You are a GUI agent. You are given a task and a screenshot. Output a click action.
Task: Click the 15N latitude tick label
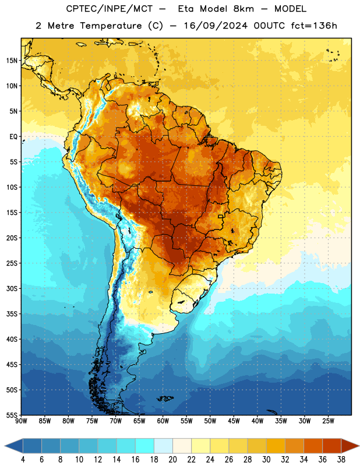pos(12,61)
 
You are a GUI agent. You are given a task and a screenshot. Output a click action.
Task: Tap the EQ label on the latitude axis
pos(13,137)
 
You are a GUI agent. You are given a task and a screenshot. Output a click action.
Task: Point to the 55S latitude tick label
pos(12,415)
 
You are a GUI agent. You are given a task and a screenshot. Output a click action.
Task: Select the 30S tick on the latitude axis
pos(12,288)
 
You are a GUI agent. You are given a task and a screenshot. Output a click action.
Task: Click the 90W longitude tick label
pos(21,421)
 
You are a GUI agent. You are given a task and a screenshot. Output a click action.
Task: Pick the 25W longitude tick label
pos(328,421)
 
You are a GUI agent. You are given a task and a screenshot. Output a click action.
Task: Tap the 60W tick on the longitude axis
pos(163,421)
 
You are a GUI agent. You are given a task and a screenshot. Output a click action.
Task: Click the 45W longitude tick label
pos(234,421)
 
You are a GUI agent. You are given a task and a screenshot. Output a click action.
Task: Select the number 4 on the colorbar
pos(23,460)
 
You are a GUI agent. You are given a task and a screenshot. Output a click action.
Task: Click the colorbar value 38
pos(341,460)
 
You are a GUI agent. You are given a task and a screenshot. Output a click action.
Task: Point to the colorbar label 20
pos(172,460)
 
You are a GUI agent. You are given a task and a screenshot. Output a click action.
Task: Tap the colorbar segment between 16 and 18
pos(144,446)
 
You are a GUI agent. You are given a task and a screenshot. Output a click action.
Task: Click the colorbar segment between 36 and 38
pos(332,446)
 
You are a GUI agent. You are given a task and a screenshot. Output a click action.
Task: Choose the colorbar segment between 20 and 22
pos(182,446)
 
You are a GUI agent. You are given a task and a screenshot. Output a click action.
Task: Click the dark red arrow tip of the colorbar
pos(359,446)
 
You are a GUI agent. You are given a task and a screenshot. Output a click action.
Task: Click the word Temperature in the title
pos(111,26)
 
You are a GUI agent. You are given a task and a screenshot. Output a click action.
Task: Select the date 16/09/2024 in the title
pos(216,26)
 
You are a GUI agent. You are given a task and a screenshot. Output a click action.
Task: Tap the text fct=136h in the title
pos(314,26)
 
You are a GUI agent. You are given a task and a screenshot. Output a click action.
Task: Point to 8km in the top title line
pos(243,9)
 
